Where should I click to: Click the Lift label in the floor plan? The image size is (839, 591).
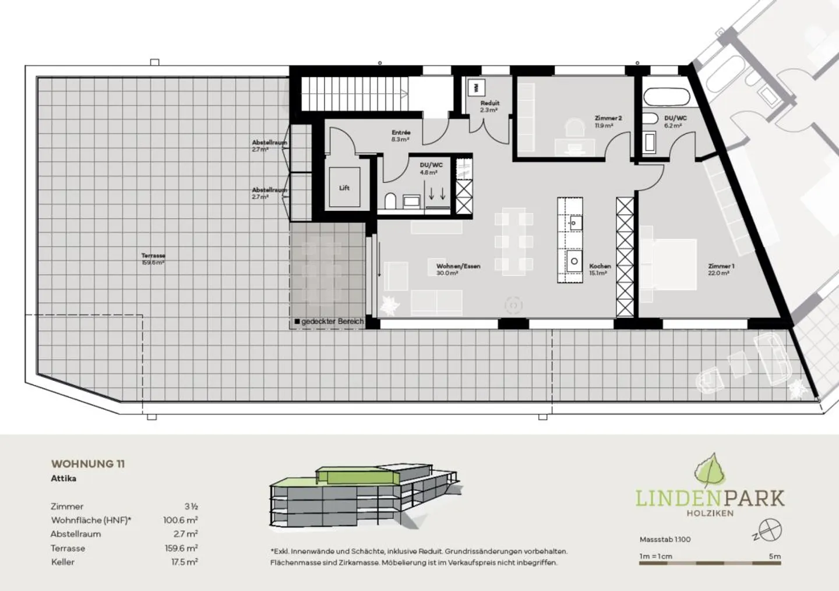point(344,188)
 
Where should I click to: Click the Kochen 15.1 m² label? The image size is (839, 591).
point(599,269)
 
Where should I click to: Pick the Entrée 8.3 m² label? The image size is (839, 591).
point(401,136)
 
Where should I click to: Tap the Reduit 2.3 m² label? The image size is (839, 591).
point(489,106)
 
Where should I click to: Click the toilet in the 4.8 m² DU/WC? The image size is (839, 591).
point(391,201)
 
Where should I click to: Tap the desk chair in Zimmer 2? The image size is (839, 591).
point(575,128)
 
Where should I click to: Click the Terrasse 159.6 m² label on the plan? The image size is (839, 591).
point(153,259)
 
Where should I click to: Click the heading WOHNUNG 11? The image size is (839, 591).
point(88,464)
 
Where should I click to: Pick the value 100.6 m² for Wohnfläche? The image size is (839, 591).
point(180,520)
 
